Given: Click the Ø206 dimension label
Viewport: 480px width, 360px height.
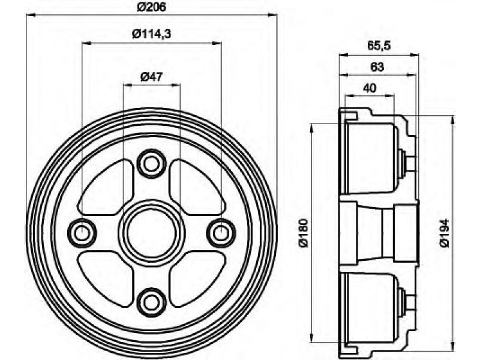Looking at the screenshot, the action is click(151, 7).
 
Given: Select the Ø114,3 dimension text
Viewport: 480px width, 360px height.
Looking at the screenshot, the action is click(151, 34).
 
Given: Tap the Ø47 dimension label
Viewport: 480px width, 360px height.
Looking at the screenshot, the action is click(151, 77).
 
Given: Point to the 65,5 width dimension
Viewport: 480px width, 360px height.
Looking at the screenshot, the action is click(379, 46).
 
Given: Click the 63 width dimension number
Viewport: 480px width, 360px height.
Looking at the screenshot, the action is click(377, 67).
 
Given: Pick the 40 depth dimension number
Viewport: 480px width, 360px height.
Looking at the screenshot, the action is click(370, 88).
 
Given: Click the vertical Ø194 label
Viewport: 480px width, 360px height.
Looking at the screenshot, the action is click(444, 233).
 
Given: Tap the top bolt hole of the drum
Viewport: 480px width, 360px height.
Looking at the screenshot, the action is click(152, 164).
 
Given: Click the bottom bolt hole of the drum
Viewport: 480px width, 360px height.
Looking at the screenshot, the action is click(152, 302).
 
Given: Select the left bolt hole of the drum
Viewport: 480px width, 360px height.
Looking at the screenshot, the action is click(82, 233).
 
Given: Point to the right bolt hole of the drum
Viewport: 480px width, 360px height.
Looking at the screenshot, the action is click(221, 233).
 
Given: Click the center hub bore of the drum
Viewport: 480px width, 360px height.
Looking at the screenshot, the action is click(152, 233).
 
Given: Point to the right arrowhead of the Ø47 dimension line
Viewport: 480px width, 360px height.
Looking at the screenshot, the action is click(176, 85).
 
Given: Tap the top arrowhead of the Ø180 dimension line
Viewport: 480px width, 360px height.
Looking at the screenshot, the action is click(311, 128).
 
